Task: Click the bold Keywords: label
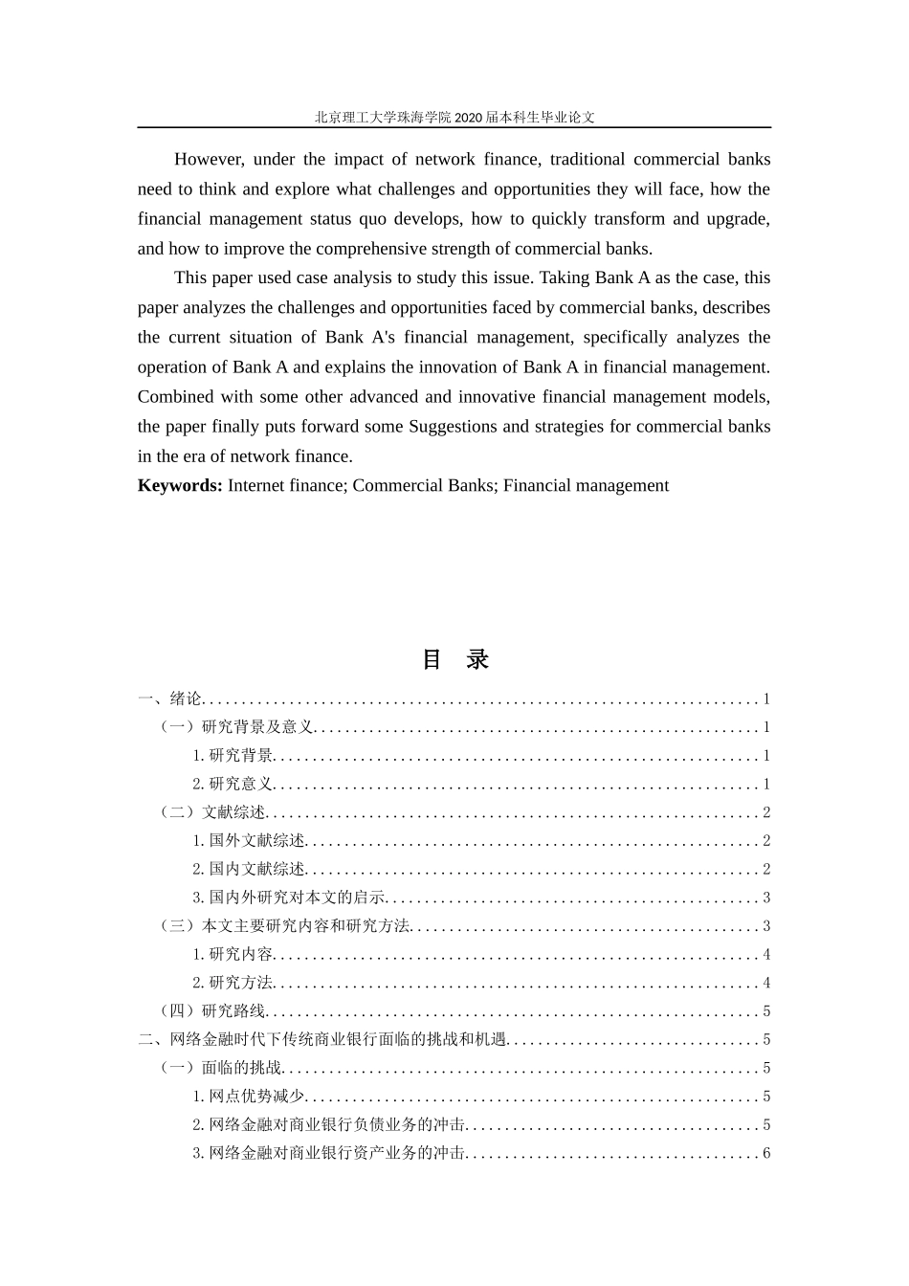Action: point(180,486)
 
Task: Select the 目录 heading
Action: point(454,659)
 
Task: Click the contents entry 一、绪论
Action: point(169,699)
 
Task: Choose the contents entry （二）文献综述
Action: point(213,813)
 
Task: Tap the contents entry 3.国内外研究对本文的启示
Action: point(289,898)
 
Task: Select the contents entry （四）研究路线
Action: point(213,1011)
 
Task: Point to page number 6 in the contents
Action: point(766,1154)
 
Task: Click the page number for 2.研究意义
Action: point(766,785)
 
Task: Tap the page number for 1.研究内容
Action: point(766,955)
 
